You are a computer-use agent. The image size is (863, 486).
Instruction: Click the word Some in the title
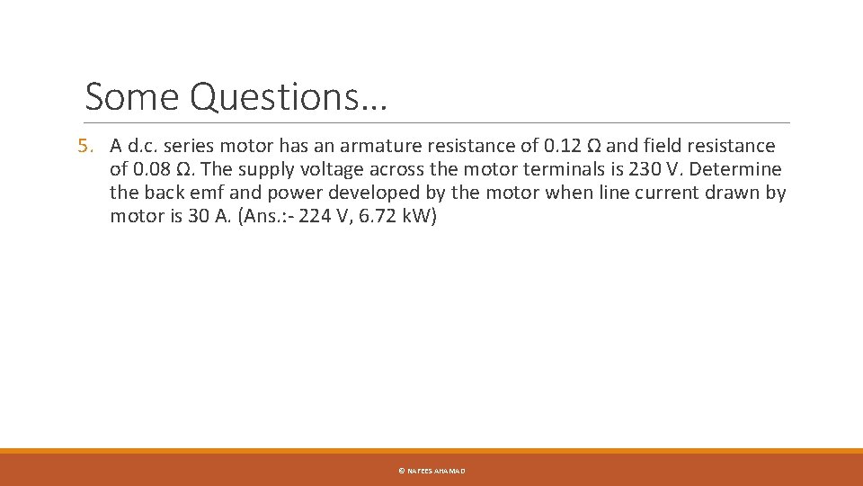coord(133,96)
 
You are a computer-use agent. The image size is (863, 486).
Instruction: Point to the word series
coord(195,145)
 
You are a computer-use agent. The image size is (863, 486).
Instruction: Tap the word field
coord(663,145)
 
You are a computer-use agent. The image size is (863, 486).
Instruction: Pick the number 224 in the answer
coord(303,216)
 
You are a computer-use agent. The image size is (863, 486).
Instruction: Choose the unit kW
coord(412,216)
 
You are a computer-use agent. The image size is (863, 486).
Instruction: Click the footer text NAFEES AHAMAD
coord(436,471)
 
